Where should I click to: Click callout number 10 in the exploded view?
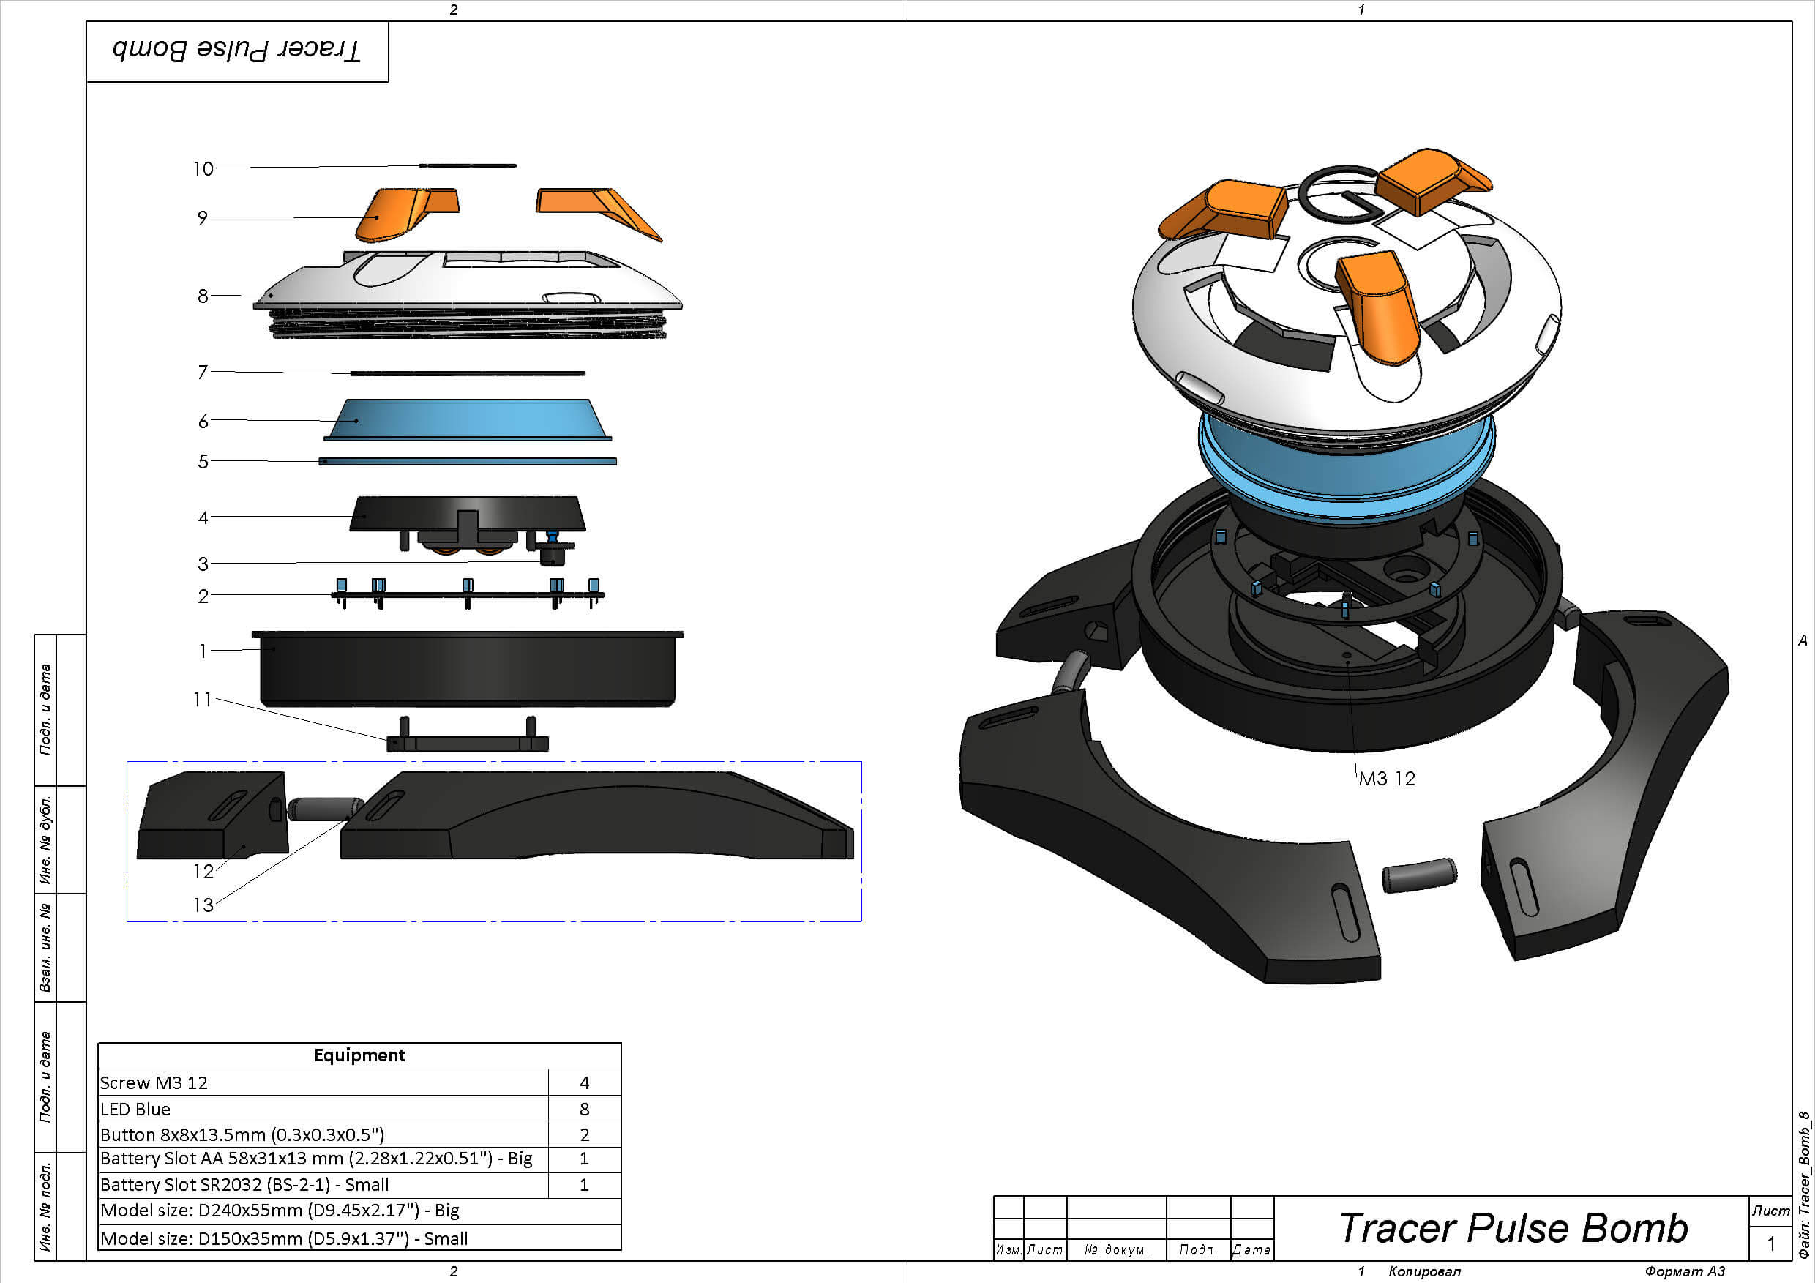(203, 168)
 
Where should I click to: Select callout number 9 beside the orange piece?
(203, 217)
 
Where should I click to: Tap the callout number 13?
(203, 905)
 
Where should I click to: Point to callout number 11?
(203, 700)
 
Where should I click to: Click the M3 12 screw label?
(1387, 779)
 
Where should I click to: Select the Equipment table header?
(359, 1055)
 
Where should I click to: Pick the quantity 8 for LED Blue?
(584, 1109)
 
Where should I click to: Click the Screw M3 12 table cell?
(154, 1083)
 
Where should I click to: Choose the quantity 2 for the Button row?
(584, 1135)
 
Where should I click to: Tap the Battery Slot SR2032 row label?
(244, 1185)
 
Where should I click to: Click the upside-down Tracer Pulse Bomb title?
(236, 50)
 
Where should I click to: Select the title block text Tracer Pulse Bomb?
(1513, 1228)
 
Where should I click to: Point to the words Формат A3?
(1685, 1272)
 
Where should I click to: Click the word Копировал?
(1424, 1272)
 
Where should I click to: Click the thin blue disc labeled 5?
(468, 462)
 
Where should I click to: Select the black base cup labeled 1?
(468, 668)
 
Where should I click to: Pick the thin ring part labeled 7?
(468, 373)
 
